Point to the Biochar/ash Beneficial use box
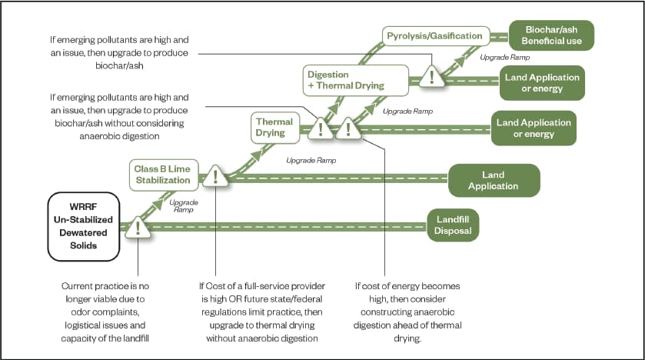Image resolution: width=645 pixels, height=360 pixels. pos(551,35)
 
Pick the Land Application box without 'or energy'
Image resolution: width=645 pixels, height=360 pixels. pos(493,181)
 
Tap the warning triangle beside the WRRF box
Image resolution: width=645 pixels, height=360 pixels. pos(138,226)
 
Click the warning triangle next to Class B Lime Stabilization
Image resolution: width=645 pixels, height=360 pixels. pos(216,177)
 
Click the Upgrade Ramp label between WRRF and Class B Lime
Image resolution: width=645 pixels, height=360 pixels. pos(182,206)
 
